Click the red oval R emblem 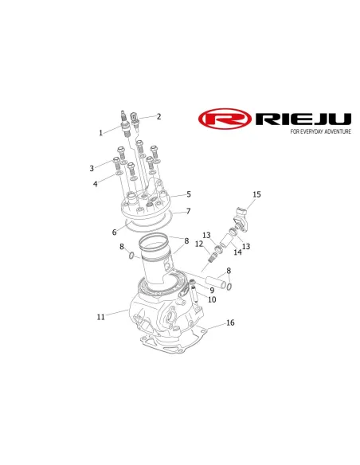tap(225, 119)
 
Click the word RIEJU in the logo tap(303, 119)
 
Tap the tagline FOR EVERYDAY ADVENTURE tap(320, 131)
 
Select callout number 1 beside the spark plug tap(101, 132)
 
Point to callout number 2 tap(159, 116)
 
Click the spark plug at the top tap(125, 124)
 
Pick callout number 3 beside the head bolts tap(92, 169)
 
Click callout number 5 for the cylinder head tap(189, 194)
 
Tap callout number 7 tap(188, 211)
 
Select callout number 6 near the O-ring tap(115, 232)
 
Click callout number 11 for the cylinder tap(101, 317)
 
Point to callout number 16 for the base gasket tap(230, 322)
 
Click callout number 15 tap(256, 194)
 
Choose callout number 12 tap(199, 244)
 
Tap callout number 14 tap(237, 252)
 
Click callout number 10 tap(212, 299)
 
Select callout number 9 tap(212, 291)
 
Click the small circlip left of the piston tap(131, 255)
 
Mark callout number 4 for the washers tap(96, 184)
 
